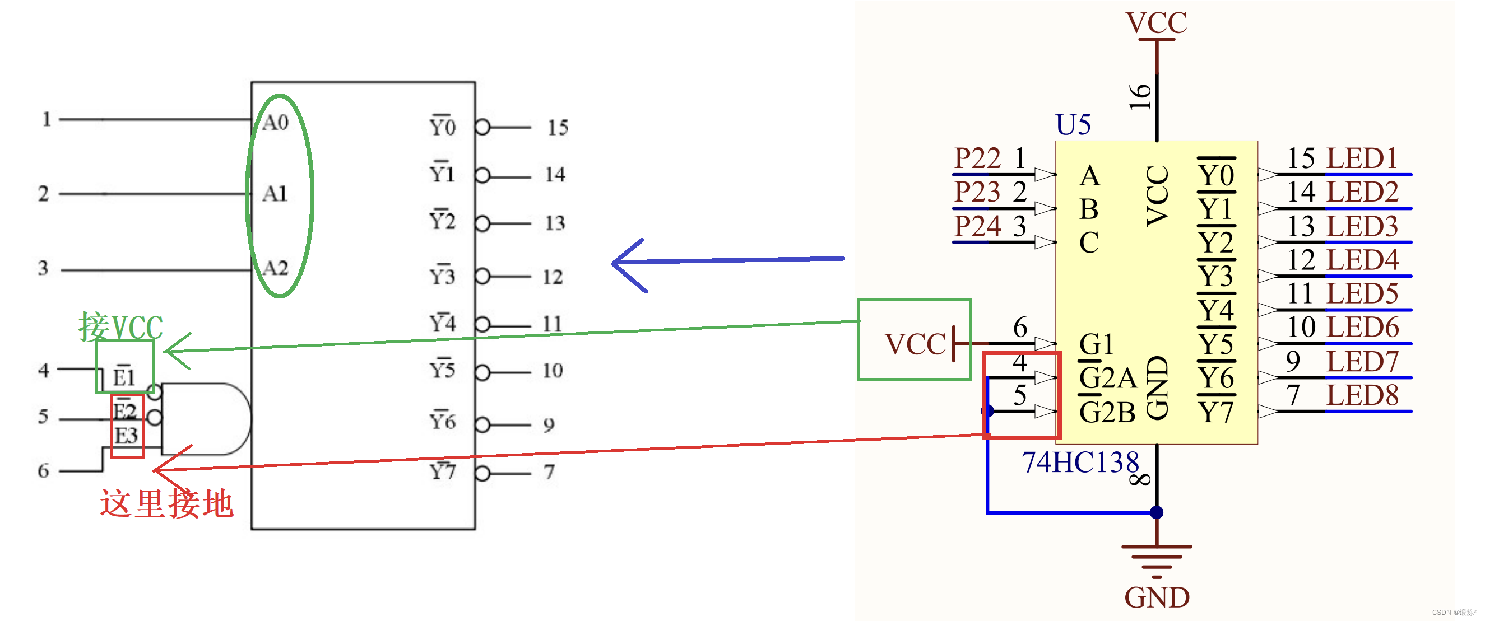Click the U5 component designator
1073,124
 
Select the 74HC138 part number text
1080,462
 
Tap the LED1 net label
1362,158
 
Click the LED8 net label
1362,396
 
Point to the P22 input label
978,158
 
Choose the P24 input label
978,226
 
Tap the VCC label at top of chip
1157,23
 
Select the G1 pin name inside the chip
1096,344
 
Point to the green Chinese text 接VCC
120,326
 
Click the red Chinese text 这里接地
166,503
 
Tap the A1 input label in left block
275,194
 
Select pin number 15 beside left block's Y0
558,127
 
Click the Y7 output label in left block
442,471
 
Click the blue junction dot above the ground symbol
1157,512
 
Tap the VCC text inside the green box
915,344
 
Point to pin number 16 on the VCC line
1140,97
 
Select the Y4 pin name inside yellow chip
1217,310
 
